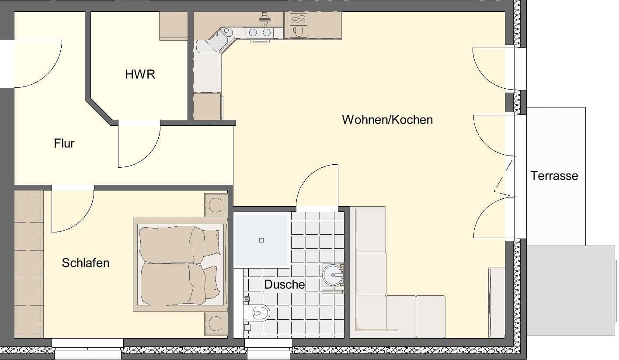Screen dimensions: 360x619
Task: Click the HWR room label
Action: point(140,75)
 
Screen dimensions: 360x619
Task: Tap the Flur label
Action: point(64,143)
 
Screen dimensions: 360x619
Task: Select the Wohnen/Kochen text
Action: point(387,120)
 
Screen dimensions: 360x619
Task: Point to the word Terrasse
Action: point(554,176)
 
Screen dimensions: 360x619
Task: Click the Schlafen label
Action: point(86,263)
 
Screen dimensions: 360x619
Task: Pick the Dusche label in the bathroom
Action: point(284,285)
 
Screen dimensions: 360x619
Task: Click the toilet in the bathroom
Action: point(259,313)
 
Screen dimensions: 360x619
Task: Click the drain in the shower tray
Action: point(261,240)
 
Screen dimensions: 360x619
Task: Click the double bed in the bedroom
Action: point(179,264)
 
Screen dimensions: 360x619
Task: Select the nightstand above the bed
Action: point(216,205)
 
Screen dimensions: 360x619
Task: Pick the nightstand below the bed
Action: point(216,324)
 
